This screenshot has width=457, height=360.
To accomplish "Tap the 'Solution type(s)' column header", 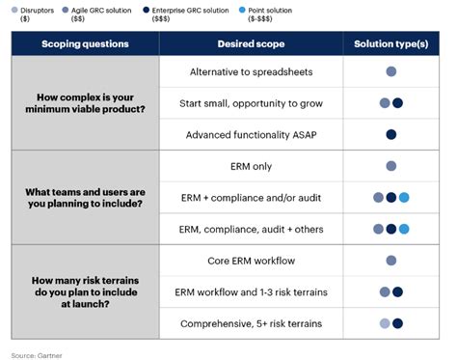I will tap(390, 44).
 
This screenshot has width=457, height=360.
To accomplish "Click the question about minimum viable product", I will tap(86, 102).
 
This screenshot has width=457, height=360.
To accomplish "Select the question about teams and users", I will tap(86, 197).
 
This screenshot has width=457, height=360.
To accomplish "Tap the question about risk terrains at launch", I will tap(86, 291).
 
